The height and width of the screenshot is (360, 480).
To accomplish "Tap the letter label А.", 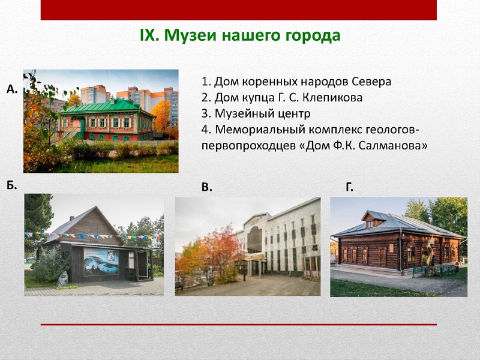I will point(11,89).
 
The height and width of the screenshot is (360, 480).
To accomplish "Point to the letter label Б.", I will point(11,185).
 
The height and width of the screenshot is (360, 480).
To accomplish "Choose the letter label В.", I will point(206,188).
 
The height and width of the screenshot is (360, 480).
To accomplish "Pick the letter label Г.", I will point(349,188).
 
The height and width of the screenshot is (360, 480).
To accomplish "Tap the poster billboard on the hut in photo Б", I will point(101,262).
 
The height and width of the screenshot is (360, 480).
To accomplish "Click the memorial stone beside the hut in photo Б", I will point(62,278).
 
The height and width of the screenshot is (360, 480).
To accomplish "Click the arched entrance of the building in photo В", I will point(254,240).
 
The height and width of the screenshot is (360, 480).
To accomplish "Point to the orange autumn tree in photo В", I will point(207,255).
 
